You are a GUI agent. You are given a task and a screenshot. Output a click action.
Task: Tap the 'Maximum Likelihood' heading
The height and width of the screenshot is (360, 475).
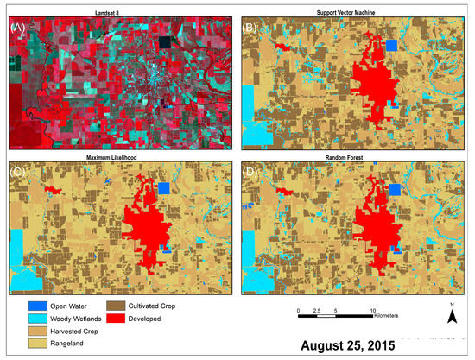click(120, 155)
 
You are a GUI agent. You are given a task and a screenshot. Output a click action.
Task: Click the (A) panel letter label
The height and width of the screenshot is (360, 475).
click(16, 27)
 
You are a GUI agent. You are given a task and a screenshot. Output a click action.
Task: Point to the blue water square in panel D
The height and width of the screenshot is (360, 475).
click(395, 189)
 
